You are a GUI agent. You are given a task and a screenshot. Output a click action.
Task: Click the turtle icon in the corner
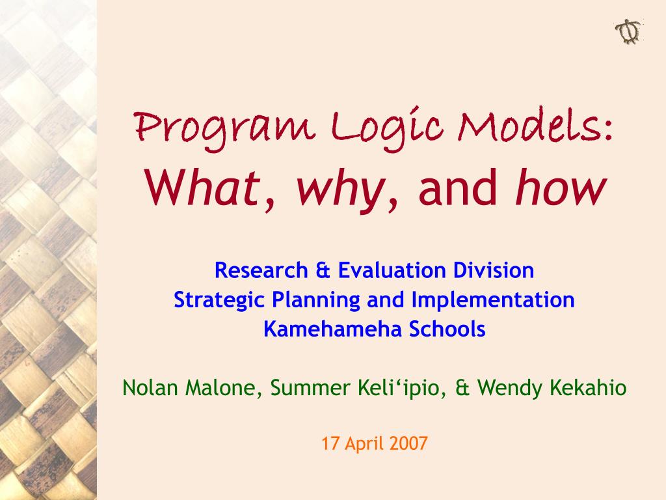click(628, 31)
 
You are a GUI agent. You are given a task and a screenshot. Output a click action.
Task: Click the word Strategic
click(219, 300)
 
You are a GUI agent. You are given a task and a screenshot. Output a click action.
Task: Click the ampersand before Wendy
click(462, 389)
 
